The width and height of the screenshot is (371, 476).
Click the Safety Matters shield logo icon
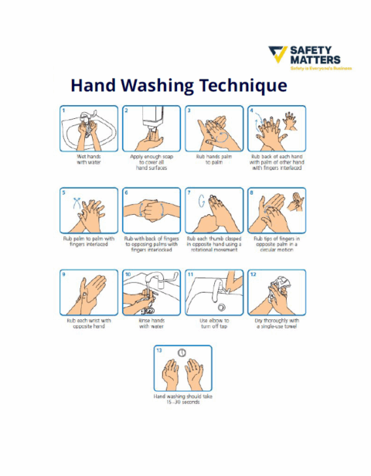click(x=277, y=56)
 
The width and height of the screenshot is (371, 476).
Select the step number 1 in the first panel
click(x=65, y=110)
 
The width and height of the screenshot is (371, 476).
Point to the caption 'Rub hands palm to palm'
click(x=214, y=159)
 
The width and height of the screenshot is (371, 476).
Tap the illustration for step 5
click(x=89, y=209)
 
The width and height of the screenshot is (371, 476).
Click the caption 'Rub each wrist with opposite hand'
click(x=89, y=323)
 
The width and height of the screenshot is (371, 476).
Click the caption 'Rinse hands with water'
click(x=151, y=323)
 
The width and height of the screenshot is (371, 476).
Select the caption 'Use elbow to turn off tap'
click(x=214, y=323)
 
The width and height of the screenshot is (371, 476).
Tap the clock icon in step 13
click(x=182, y=352)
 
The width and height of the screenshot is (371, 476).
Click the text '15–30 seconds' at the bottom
click(x=182, y=402)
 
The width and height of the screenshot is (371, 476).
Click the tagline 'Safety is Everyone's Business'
click(x=320, y=68)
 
